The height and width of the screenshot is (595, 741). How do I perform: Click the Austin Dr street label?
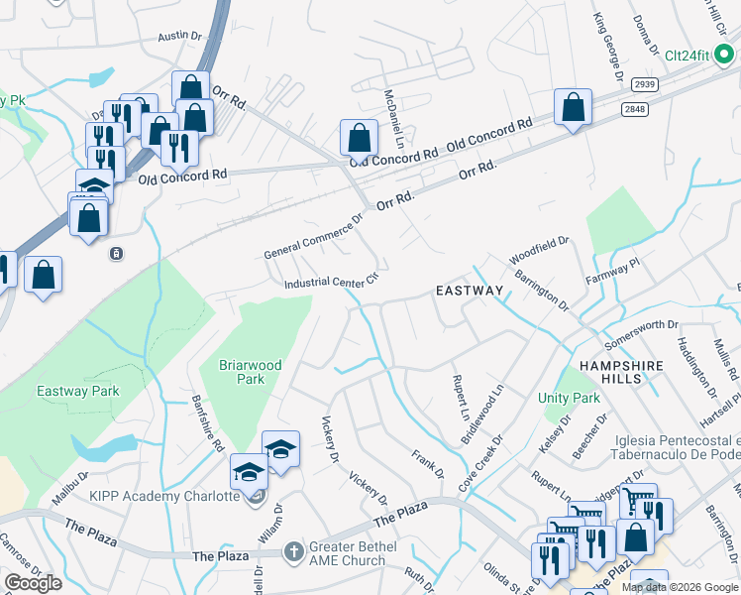(x=178, y=37)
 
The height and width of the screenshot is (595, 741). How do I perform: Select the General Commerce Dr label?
(x=314, y=241)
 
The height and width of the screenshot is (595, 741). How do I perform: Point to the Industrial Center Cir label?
(x=332, y=283)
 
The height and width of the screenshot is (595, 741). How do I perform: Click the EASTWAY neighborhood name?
(x=471, y=291)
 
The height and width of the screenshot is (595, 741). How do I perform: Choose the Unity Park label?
(x=570, y=398)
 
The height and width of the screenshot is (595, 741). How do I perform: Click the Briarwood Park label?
(x=251, y=372)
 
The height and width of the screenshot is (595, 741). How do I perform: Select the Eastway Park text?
(x=78, y=391)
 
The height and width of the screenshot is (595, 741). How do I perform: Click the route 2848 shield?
(x=634, y=107)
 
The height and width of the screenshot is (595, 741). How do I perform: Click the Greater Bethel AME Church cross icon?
(x=292, y=550)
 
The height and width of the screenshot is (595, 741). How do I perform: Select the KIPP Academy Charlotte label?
(x=165, y=496)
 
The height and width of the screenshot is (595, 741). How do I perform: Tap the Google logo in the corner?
(x=33, y=582)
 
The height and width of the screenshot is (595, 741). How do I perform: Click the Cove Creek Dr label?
(x=482, y=462)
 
